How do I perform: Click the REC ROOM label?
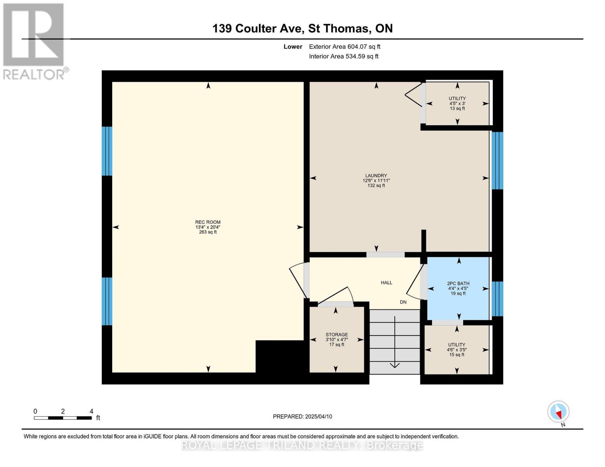(x=208, y=227)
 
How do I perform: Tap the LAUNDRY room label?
(x=376, y=181)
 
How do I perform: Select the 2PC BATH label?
(x=458, y=288)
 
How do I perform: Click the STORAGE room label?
(x=337, y=339)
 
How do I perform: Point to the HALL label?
(x=386, y=283)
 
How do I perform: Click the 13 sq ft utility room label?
(x=457, y=104)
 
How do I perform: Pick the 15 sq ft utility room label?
(x=456, y=349)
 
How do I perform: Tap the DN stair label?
(x=403, y=302)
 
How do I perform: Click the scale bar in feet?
(x=63, y=418)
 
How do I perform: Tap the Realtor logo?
(x=34, y=41)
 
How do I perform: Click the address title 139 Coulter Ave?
(x=302, y=28)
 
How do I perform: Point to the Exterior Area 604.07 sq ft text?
(x=344, y=47)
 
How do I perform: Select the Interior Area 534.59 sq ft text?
(x=344, y=56)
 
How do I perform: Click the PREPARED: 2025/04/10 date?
(x=302, y=416)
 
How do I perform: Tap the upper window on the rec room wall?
(x=107, y=151)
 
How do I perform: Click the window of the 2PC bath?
(x=497, y=299)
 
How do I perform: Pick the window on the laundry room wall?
(x=497, y=160)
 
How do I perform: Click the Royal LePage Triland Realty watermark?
(x=302, y=445)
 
